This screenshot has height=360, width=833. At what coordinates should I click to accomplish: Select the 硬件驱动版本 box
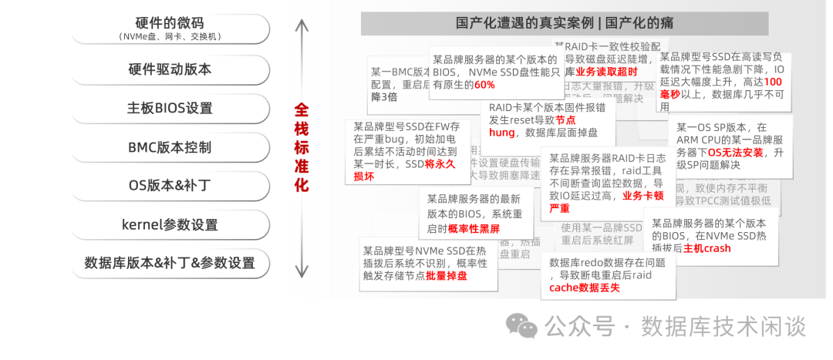(170, 69)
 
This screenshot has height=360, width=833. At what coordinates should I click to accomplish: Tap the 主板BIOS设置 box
(170, 108)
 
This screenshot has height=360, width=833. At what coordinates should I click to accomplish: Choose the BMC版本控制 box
(170, 147)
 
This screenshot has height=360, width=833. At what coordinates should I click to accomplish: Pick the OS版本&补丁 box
(170, 186)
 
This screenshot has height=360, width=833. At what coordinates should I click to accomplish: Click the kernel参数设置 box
(170, 225)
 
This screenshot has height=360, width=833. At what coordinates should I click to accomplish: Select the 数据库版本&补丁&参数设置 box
(170, 264)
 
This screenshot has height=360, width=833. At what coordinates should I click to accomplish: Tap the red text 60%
(484, 85)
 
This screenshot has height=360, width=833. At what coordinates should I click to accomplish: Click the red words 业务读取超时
(606, 72)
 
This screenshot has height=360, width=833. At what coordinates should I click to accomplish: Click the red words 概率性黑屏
(474, 229)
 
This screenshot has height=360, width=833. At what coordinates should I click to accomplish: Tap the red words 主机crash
(707, 248)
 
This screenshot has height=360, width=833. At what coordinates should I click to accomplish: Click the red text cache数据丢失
(585, 288)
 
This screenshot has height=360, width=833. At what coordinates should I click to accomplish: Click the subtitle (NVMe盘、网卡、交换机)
(170, 37)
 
